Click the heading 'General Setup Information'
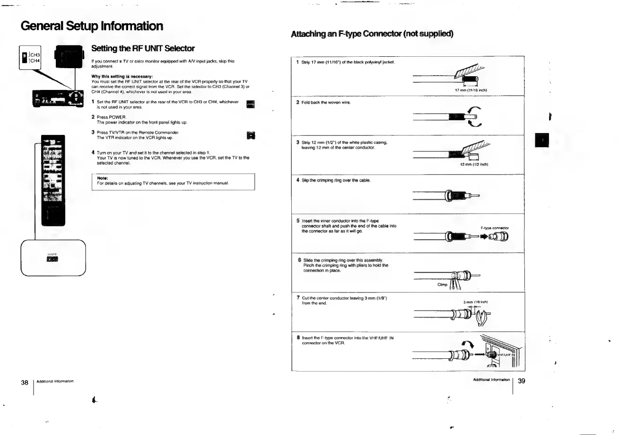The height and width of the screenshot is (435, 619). tap(92, 26)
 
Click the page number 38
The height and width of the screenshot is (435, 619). tap(25, 382)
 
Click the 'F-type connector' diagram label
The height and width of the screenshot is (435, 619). tap(494, 228)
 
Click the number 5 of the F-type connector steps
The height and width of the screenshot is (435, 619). tap(298, 221)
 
